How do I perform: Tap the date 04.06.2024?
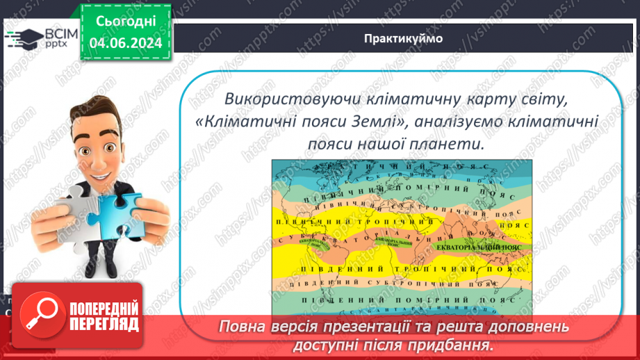point(125,43)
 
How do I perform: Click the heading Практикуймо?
point(403,38)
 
